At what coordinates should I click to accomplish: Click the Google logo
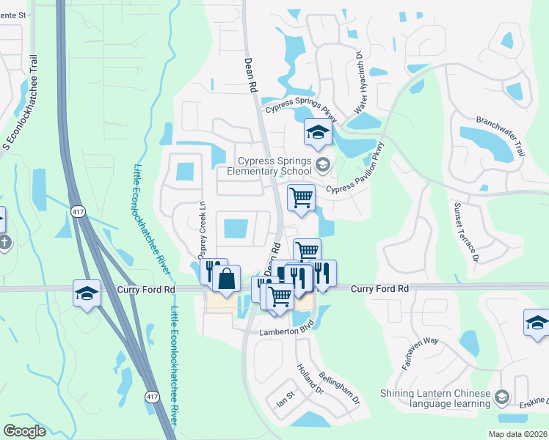[24, 431]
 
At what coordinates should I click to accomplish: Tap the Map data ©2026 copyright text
[517, 434]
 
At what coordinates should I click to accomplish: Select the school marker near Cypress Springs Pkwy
[318, 133]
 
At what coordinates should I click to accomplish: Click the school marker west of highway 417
[87, 293]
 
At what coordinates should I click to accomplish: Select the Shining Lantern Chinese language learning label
[435, 398]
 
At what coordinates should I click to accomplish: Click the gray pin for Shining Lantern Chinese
[502, 396]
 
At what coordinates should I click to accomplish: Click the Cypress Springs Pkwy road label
[301, 110]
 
